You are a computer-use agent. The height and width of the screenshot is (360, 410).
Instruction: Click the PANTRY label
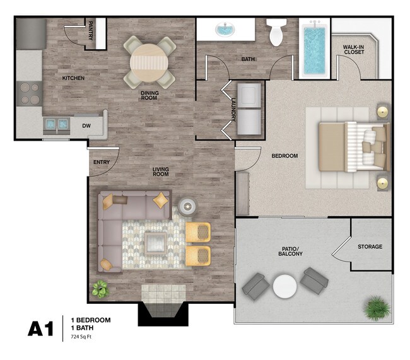91,31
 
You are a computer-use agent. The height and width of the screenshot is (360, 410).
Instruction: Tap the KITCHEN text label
73,78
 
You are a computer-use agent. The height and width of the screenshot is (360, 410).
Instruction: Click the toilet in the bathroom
276,32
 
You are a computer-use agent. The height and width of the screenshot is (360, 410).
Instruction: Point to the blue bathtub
313,50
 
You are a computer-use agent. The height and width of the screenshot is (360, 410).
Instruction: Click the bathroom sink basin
225,29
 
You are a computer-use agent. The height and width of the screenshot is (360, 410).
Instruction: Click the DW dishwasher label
86,125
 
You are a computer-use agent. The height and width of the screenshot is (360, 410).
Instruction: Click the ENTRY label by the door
102,162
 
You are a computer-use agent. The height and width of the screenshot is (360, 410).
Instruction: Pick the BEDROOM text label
284,156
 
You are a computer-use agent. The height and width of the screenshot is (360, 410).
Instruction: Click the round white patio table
285,287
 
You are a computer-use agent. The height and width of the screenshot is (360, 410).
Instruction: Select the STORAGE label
370,247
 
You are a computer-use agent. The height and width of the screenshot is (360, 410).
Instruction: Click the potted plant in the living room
100,289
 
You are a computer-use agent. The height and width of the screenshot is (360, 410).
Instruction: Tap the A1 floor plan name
41,329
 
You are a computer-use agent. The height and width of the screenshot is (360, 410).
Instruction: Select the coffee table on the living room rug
155,242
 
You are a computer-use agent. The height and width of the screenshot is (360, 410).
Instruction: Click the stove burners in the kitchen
28,93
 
